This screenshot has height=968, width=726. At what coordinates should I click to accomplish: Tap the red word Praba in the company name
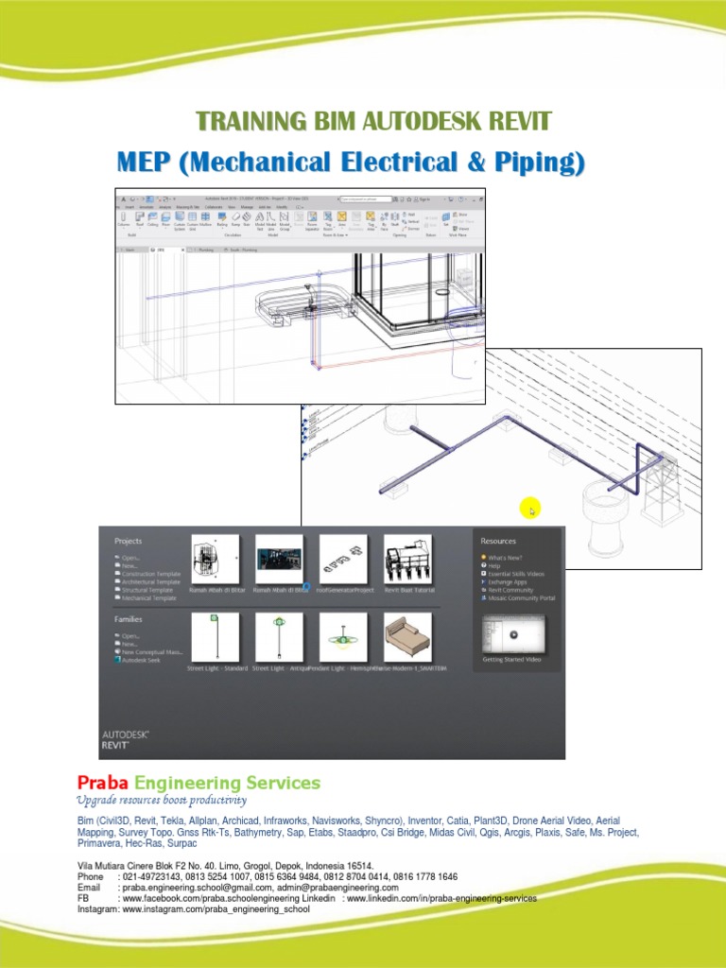102,783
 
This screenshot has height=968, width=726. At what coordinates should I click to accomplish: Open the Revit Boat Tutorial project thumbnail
407,558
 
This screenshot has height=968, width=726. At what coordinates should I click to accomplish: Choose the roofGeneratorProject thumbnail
343,558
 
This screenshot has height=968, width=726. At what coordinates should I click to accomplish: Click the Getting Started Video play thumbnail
515,634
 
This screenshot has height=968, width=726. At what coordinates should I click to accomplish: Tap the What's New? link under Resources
505,559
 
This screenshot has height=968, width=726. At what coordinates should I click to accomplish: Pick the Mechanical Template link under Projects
149,598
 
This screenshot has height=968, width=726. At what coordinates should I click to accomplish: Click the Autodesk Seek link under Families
141,660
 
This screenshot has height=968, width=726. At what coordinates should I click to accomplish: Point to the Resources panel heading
499,542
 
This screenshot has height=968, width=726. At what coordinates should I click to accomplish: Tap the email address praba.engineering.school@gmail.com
206,889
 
